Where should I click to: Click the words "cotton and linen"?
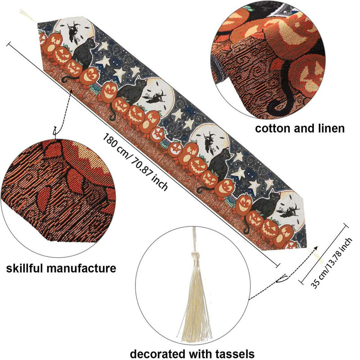300,129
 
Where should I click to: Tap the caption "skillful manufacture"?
61,268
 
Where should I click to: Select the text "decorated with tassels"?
192,353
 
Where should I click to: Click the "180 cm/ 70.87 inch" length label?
135,162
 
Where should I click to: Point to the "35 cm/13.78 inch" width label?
331,263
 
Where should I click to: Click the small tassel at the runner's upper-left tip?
27,15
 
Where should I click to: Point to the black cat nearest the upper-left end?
83,53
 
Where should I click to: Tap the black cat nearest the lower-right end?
264,207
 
